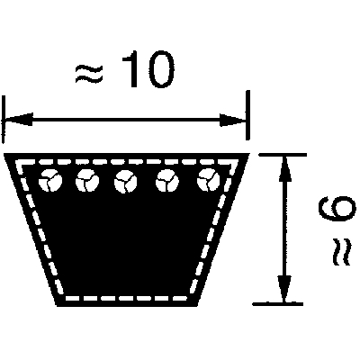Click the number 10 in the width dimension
(x=148, y=69)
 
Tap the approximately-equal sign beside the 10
(x=89, y=74)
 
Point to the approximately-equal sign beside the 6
(x=341, y=252)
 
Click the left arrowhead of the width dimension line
(x=17, y=119)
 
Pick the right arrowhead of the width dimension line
(x=233, y=120)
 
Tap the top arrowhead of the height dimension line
(x=284, y=168)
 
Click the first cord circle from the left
(x=49, y=181)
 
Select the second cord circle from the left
(x=87, y=181)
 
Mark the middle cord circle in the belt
(x=125, y=182)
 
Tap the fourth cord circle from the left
(x=167, y=181)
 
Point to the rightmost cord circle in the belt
(x=209, y=180)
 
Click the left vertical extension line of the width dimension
(x=4, y=120)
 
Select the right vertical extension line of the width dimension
(x=247, y=115)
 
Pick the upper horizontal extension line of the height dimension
(x=283, y=155)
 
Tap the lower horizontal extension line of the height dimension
(x=277, y=304)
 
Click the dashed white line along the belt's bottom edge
(x=125, y=298)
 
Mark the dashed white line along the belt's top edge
(x=126, y=162)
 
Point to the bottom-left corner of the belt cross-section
(x=57, y=306)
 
